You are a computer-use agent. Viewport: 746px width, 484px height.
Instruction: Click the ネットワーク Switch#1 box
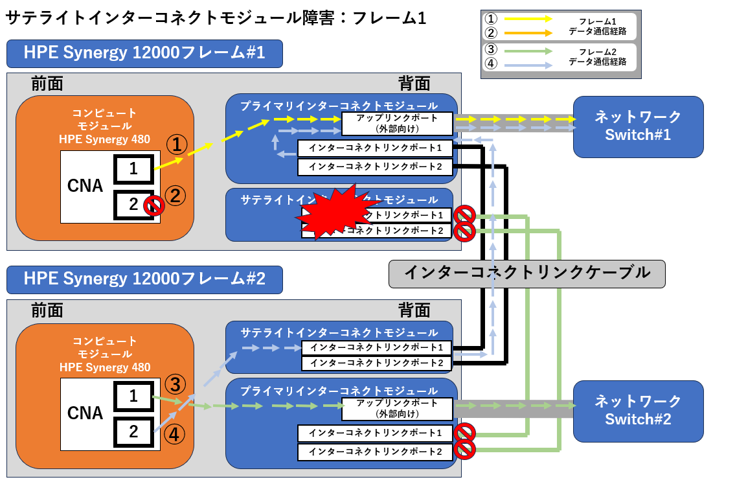[x=638, y=126]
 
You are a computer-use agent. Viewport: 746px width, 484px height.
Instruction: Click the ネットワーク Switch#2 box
[x=638, y=411]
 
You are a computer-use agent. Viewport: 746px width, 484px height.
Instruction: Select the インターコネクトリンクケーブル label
[x=527, y=273]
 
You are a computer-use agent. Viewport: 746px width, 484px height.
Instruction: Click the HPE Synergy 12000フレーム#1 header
[x=144, y=54]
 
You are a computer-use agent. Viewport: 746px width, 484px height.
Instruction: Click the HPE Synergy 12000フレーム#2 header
[x=144, y=279]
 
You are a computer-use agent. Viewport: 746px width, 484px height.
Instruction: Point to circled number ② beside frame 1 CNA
[x=175, y=195]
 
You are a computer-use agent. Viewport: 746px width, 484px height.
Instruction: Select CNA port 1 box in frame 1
[x=133, y=169]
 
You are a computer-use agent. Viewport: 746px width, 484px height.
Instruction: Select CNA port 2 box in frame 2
[x=133, y=432]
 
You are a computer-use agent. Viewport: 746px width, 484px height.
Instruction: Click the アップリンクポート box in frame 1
[x=397, y=123]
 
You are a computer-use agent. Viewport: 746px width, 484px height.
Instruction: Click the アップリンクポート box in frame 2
[x=397, y=408]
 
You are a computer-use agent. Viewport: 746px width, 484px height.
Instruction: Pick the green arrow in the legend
[x=528, y=51]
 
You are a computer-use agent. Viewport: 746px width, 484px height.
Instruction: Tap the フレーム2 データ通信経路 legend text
[x=597, y=56]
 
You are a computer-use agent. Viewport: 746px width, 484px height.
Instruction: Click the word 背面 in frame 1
[x=414, y=84]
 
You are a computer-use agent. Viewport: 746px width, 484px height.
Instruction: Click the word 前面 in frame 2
[x=47, y=310]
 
